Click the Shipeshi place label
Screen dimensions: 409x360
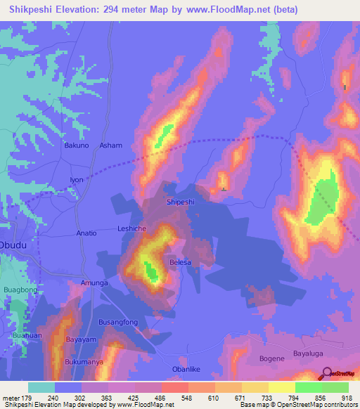tap(180, 202)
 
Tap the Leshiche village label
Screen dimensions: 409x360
tap(131, 229)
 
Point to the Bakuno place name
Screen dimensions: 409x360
tap(77, 145)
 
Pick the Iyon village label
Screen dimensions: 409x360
tap(76, 180)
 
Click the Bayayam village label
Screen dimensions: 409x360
tap(80, 339)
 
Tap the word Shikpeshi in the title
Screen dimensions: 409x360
tap(32, 10)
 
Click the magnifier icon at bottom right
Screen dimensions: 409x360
tap(325, 374)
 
